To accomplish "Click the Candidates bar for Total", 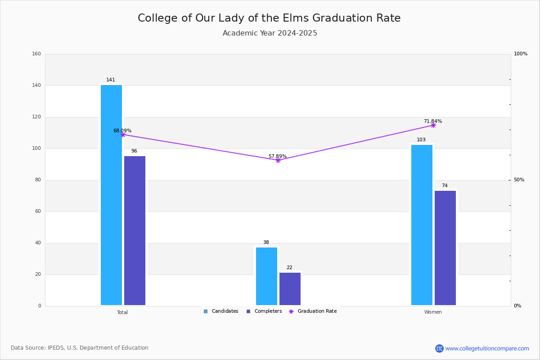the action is click(x=112, y=195).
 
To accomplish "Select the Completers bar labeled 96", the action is click(x=135, y=231).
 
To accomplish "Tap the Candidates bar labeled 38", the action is click(x=266, y=276).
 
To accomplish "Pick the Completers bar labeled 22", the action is click(x=290, y=289).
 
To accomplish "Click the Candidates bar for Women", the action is click(x=422, y=225).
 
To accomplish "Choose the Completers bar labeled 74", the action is click(x=445, y=248).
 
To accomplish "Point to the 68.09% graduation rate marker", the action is click(x=123, y=135).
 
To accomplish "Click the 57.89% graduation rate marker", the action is click(x=278, y=160).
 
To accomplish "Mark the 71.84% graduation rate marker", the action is click(x=433, y=126).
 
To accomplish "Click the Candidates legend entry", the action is click(x=221, y=311).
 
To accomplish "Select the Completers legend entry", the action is click(x=264, y=311).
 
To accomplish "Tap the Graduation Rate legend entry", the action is click(x=313, y=311).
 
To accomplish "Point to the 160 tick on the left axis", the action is click(x=36, y=54).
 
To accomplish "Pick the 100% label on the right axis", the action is click(x=521, y=54).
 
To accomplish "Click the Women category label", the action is click(x=433, y=312).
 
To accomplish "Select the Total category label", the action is click(x=122, y=312).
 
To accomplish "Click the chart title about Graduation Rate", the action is click(x=269, y=18).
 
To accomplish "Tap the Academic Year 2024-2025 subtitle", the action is click(x=270, y=33).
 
